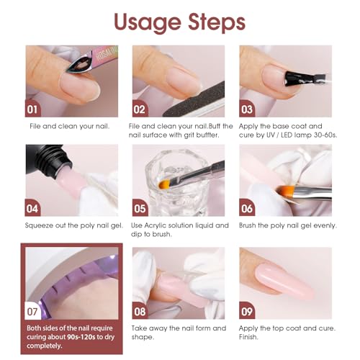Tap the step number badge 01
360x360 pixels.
click(35, 110)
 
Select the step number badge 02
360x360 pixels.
click(140, 110)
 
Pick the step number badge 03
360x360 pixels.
click(247, 110)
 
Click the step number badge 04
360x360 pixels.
click(35, 209)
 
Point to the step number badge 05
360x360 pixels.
click(140, 209)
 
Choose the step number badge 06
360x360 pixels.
click(247, 209)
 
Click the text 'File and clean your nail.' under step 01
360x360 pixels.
click(70, 127)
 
